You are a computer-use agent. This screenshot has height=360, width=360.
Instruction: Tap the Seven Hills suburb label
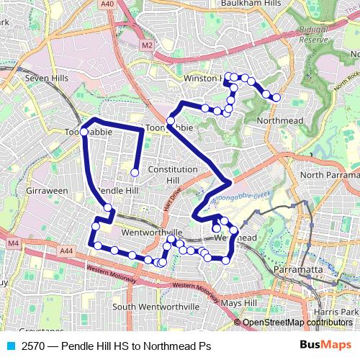pos(45,77)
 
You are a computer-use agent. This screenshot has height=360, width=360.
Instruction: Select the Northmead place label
pos(279,120)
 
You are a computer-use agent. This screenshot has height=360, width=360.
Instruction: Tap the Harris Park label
pos(341,311)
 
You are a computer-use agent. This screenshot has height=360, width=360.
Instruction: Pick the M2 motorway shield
pos(148,45)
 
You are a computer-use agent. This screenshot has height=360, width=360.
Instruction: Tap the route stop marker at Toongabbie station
pos(84,132)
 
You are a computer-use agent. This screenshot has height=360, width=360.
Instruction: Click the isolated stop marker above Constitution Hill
pos(135,172)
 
